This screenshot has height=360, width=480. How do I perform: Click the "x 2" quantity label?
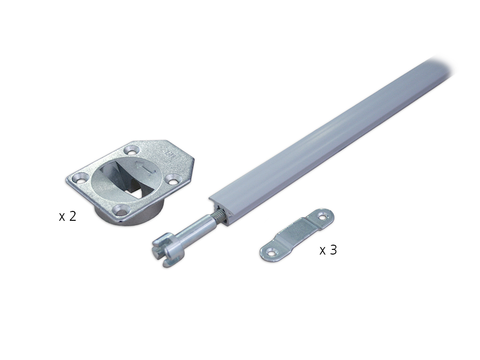click(67, 217)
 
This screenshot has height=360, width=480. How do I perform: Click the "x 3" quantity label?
click(328, 250)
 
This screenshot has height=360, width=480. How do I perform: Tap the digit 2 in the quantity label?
click(73, 216)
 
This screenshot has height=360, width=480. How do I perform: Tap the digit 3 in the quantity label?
click(333, 250)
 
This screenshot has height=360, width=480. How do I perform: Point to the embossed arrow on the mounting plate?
click(146, 169)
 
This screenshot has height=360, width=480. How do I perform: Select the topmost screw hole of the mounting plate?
click(132, 151)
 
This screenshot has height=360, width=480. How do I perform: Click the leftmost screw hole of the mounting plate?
click(82, 177)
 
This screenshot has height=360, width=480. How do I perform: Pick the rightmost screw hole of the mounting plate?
click(173, 181)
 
